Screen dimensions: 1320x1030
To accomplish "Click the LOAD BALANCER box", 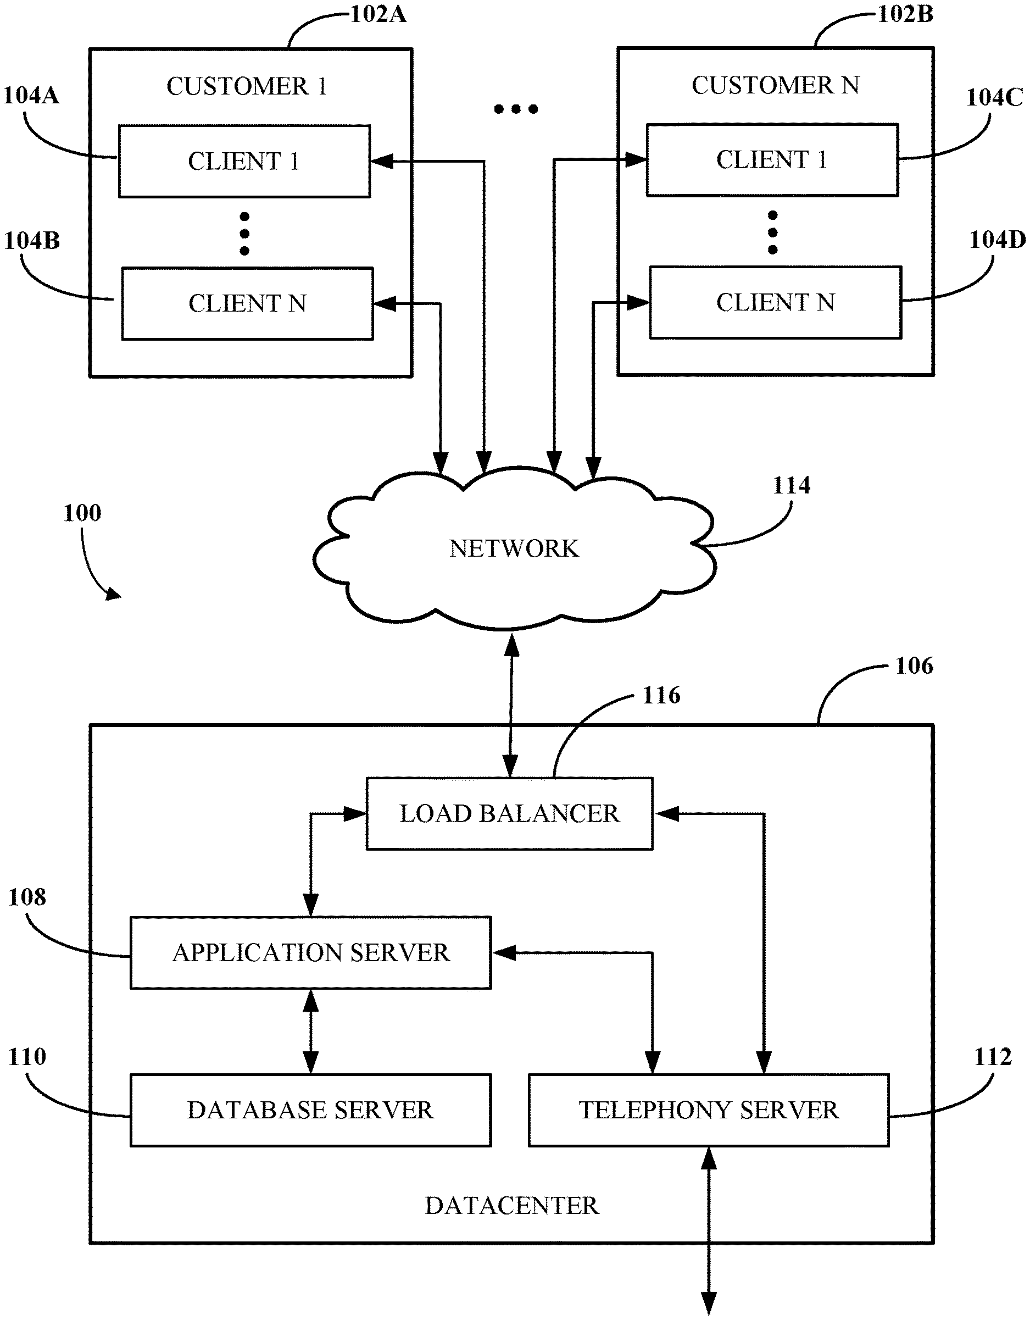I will (509, 813).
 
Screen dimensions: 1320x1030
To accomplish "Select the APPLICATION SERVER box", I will (310, 953).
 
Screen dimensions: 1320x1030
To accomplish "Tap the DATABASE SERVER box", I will (310, 1110).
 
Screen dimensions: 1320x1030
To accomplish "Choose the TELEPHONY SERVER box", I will (709, 1110).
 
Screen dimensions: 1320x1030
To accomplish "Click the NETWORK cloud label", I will (514, 549).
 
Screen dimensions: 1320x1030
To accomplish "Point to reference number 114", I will (792, 485).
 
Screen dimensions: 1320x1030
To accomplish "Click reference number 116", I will (661, 696).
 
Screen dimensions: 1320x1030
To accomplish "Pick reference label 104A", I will (31, 96).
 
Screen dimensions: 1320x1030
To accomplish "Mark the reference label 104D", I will (998, 240).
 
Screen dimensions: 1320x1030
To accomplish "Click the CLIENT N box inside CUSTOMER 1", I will (247, 303).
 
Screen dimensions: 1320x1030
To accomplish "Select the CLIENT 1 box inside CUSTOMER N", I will (772, 160).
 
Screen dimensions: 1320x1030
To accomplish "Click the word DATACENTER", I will (511, 1206).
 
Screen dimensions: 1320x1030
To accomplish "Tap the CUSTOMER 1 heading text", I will (247, 86).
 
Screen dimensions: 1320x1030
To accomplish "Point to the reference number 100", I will (82, 513).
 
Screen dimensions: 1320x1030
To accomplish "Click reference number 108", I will (27, 897).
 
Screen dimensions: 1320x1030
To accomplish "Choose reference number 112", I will (993, 1056).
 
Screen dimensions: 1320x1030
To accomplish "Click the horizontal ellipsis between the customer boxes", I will (515, 109).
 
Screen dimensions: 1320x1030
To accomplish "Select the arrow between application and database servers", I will (310, 1031).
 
